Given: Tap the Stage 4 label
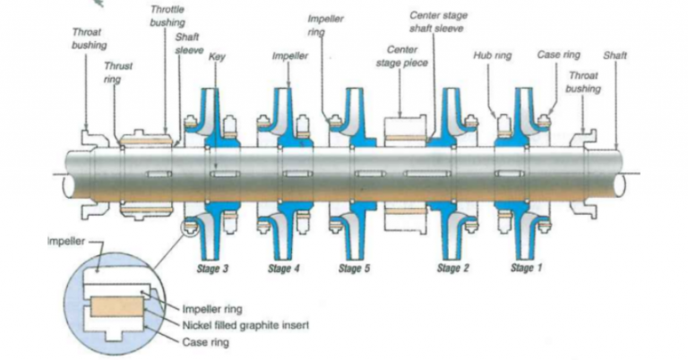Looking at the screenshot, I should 283,269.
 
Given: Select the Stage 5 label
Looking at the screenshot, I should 355,269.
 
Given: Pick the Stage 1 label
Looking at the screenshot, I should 526,269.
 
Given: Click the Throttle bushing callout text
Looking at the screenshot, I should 167,15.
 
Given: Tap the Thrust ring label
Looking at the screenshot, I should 118,73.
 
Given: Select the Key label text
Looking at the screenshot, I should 216,56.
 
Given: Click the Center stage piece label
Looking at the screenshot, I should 401,56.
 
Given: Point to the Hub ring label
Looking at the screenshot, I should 493,56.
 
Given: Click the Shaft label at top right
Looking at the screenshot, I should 615,56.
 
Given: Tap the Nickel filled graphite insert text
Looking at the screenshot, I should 245,324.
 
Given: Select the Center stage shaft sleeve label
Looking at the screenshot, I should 438,22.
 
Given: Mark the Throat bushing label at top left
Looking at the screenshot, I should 88,39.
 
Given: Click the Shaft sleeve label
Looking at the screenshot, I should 189,44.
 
